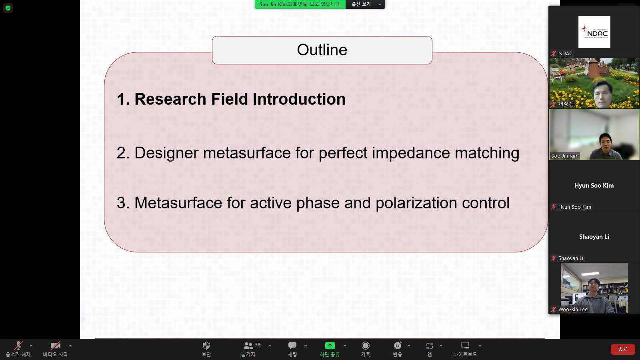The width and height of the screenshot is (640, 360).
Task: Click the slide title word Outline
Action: click(x=322, y=50)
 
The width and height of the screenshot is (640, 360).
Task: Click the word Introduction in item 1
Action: click(x=299, y=99)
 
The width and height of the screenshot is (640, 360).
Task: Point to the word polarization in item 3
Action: click(x=416, y=203)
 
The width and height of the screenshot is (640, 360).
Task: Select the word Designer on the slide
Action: click(x=166, y=153)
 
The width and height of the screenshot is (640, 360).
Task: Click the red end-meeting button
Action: click(x=622, y=349)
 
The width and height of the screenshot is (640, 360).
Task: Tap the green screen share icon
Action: click(x=330, y=346)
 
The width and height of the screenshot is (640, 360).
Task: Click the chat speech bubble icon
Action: click(x=292, y=346)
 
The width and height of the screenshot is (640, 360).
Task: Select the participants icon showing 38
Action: click(x=248, y=346)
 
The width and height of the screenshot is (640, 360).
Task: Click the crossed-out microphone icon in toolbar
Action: click(x=18, y=346)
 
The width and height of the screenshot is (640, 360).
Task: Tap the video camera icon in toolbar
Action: click(x=56, y=346)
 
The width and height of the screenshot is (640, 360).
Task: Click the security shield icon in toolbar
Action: click(x=206, y=346)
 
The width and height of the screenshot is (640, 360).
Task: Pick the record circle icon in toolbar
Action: click(x=366, y=346)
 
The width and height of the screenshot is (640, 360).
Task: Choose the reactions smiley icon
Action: click(x=398, y=346)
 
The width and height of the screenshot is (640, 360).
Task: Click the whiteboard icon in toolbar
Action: click(x=465, y=346)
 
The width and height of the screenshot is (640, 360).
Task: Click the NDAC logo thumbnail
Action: click(x=594, y=32)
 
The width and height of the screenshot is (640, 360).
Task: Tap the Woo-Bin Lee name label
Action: click(x=573, y=310)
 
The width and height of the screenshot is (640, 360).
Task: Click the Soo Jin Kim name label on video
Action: click(x=564, y=156)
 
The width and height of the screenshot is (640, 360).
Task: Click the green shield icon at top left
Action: click(x=8, y=8)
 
